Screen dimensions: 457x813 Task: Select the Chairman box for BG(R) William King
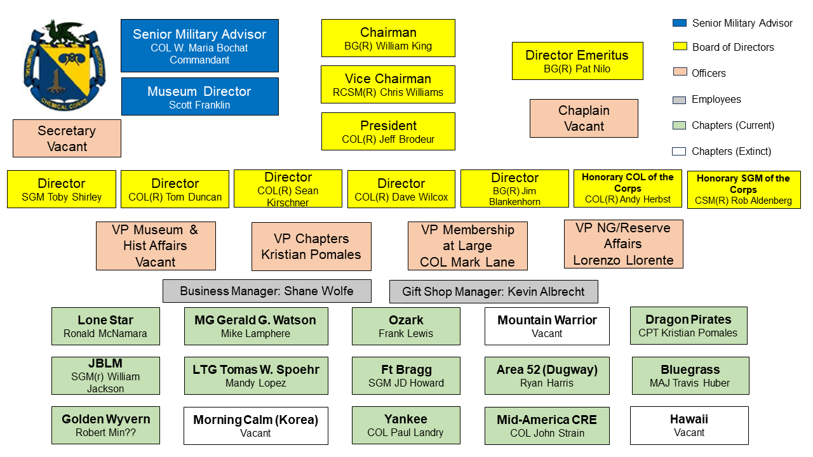(x=388, y=38)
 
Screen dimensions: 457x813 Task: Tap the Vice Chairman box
(x=388, y=84)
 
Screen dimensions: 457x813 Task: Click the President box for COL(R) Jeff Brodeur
(x=388, y=131)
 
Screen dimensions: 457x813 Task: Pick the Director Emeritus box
(x=577, y=61)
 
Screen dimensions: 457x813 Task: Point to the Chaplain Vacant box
(x=584, y=118)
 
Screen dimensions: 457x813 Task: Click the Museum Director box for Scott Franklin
(x=199, y=96)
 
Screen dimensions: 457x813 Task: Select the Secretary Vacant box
(x=67, y=138)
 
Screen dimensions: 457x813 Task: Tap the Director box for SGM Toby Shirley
(x=62, y=189)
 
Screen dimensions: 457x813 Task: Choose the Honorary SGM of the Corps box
(x=743, y=190)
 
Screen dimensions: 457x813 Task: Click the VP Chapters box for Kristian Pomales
(x=311, y=246)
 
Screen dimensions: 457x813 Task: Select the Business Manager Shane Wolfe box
(x=267, y=291)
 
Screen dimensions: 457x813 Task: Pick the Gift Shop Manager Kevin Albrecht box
(x=494, y=292)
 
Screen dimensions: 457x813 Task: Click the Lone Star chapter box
(x=105, y=326)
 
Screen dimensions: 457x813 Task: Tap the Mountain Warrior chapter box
(x=547, y=326)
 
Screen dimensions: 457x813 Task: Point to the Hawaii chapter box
(x=689, y=425)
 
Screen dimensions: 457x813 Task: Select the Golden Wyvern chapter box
(x=105, y=425)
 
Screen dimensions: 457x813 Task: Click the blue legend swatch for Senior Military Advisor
(x=680, y=23)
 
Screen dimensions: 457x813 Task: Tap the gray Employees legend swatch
(x=680, y=100)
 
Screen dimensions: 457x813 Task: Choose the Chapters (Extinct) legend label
(x=731, y=152)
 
